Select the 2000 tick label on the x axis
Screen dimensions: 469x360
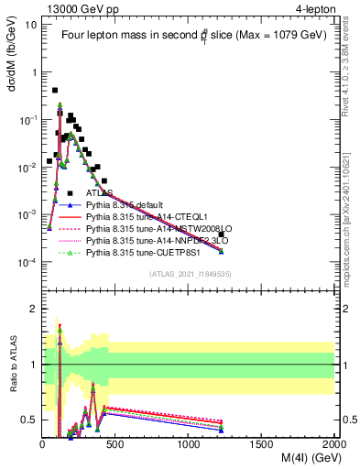pyautogui.click(x=333, y=445)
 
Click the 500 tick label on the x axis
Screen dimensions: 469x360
pyautogui.click(x=115, y=445)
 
